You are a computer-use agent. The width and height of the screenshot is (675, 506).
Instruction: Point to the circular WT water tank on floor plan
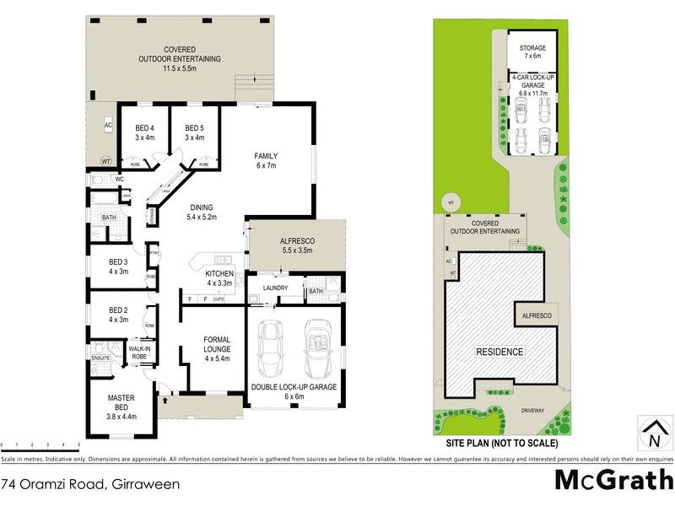tap(105, 160)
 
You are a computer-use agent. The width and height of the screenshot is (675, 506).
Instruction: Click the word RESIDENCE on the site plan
tap(499, 352)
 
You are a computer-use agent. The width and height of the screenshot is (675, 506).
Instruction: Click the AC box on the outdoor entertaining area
tap(108, 125)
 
